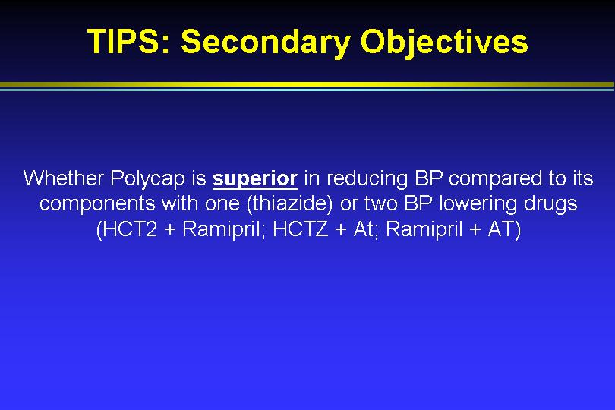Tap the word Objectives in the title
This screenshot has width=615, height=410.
pyautogui.click(x=444, y=43)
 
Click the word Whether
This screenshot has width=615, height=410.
pyautogui.click(x=64, y=178)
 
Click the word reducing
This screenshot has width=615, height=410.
pyautogui.click(x=367, y=179)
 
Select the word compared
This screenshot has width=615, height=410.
pyautogui.click(x=495, y=179)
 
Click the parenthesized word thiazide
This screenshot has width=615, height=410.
pyautogui.click(x=289, y=204)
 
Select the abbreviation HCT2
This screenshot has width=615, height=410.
pyautogui.click(x=128, y=229)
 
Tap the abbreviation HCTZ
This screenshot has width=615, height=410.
pyautogui.click(x=301, y=229)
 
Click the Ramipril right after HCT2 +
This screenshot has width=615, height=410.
pyautogui.click(x=221, y=229)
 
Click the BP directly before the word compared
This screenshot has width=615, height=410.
pyautogui.click(x=428, y=178)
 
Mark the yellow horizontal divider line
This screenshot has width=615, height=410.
pyautogui.click(x=307, y=84)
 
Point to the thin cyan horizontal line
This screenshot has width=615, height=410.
pyautogui.click(x=307, y=90)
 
